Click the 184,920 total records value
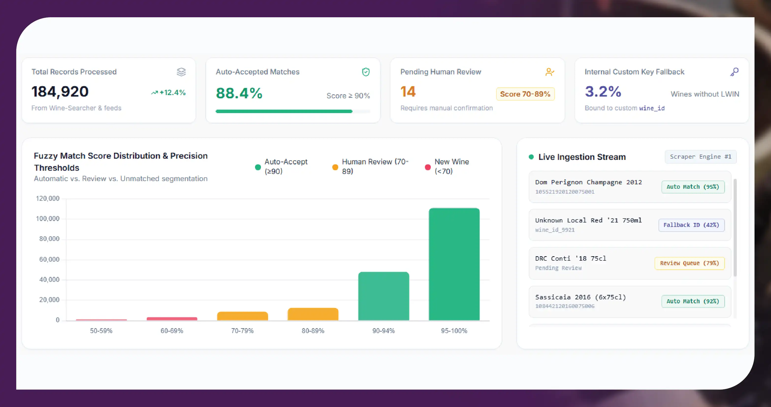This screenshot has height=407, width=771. (x=60, y=92)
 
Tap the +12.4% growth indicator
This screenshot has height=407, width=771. (x=169, y=93)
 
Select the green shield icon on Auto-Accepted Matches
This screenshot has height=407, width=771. (x=366, y=72)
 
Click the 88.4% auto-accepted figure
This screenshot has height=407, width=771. (x=239, y=93)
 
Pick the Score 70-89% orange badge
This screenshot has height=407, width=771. (x=525, y=94)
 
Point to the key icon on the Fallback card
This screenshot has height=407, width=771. (x=735, y=72)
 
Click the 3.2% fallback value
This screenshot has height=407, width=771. (x=603, y=92)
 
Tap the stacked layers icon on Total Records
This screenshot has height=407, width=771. (x=181, y=72)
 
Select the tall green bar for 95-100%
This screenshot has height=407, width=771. (x=454, y=264)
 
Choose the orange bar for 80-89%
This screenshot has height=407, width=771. (x=313, y=314)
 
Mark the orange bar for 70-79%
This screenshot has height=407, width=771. (x=242, y=316)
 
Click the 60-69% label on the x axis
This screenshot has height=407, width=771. (x=172, y=331)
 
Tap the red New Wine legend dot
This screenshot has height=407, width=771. (x=428, y=167)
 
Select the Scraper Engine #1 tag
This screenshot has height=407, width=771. (x=700, y=157)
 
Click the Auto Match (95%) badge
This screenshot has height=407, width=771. (x=693, y=187)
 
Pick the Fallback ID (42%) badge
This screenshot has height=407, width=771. (x=691, y=225)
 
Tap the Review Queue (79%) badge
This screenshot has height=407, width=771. (x=690, y=263)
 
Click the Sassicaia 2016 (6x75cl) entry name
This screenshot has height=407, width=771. (x=581, y=297)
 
